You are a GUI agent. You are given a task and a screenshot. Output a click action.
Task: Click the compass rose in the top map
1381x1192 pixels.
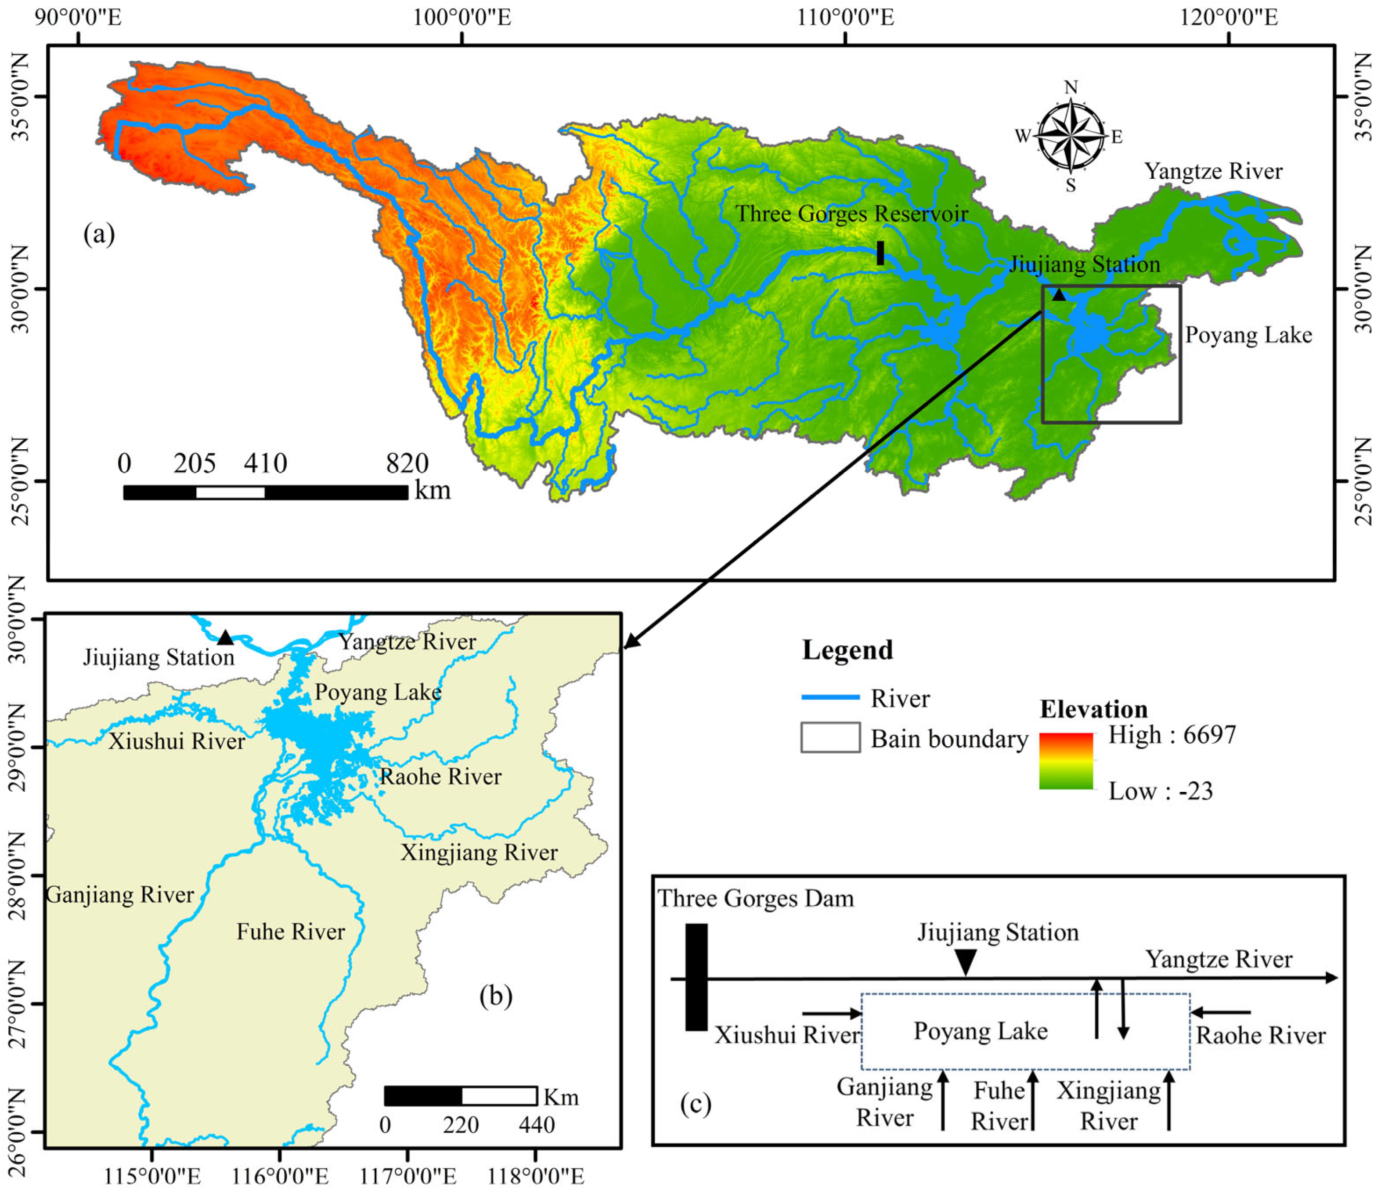point(1070,136)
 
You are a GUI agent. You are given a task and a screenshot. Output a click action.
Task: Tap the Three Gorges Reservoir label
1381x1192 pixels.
point(851,214)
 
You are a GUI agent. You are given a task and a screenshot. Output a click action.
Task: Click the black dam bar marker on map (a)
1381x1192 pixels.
point(880,253)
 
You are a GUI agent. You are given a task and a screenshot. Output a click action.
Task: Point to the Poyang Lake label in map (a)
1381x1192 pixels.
point(1248,335)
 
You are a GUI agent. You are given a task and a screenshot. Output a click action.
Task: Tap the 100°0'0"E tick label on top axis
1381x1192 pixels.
point(462,17)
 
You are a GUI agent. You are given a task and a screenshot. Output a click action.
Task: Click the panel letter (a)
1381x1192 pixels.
point(99,234)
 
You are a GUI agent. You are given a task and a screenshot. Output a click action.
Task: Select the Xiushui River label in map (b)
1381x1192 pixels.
point(177,741)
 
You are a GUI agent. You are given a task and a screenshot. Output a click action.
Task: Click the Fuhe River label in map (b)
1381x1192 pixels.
point(291,932)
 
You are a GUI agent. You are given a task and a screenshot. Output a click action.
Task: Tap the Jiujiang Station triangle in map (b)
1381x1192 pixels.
point(225,638)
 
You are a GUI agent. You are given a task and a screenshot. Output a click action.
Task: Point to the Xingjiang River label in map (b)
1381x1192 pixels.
point(479,852)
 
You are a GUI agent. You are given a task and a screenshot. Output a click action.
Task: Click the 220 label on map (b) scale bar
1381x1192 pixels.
point(461,1125)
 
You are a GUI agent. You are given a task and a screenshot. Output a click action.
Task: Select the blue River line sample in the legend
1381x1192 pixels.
point(830,697)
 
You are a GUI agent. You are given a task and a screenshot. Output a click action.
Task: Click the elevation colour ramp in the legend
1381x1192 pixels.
point(1066,761)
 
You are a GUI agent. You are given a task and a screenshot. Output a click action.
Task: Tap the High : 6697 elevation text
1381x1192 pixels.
point(1172,735)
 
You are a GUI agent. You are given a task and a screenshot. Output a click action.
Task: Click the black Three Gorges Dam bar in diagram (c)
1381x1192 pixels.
point(696,977)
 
